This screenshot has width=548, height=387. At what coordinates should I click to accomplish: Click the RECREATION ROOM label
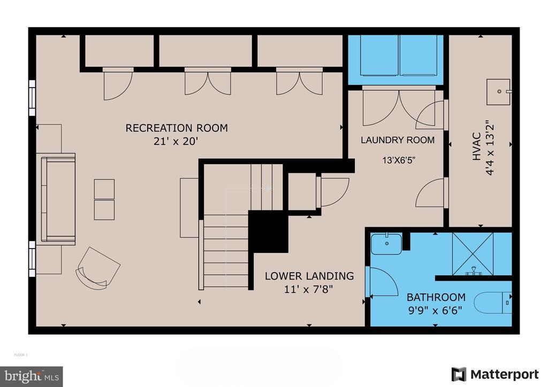pos(177,128)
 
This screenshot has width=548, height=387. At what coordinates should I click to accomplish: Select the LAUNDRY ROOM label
pos(398,140)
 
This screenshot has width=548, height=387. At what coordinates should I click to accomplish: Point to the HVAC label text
pos(477,146)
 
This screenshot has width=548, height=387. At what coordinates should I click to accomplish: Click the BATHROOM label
pos(436,297)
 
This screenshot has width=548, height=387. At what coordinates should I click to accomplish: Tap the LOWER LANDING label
pos(309,276)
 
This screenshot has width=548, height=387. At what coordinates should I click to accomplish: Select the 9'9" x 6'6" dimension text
pos(436,310)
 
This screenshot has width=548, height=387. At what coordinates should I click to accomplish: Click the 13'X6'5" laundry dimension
pos(399,160)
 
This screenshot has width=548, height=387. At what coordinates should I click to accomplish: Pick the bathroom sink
pos(386,244)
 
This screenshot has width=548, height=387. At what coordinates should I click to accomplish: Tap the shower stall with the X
pos(473,253)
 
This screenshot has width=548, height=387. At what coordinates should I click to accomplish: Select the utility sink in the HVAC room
pos(499,92)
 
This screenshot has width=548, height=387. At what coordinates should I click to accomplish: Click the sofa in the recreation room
pos(58,199)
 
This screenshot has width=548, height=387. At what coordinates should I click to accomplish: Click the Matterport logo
pos(495,374)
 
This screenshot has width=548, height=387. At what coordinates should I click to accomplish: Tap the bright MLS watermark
pos(32,376)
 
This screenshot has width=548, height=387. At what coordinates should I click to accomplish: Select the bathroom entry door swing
pos(383,282)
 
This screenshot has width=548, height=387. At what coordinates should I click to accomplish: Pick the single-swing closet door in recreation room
pos(118,84)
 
